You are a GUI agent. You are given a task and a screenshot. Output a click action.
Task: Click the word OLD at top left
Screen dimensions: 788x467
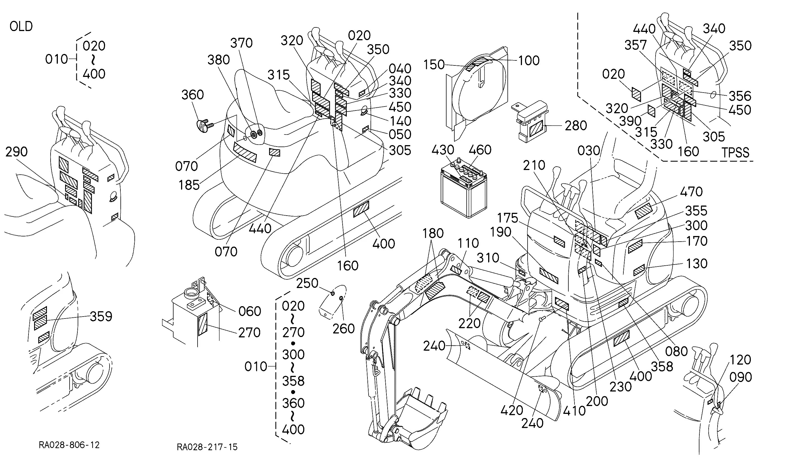pos(21,27)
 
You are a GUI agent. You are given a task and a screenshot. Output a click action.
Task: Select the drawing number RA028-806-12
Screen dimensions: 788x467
pos(69,445)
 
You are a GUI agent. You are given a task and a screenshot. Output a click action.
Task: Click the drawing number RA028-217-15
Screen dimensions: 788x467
pos(207,447)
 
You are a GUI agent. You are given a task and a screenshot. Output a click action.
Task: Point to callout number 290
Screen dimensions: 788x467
pos(16,152)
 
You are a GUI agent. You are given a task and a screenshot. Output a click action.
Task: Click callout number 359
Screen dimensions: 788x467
pos(101,316)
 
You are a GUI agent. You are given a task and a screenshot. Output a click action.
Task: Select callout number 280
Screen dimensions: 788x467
pos(576,126)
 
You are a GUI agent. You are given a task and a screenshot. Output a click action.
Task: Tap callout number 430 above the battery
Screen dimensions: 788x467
pos(443,150)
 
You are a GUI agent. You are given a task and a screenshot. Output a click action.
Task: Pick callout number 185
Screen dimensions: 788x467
pos(189,185)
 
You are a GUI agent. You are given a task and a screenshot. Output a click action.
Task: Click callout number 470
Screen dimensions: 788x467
pos(691,192)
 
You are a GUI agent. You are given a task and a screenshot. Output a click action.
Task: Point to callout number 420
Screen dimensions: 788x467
pos(512,410)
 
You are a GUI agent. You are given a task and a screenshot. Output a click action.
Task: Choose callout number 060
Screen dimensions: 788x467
pos(250,311)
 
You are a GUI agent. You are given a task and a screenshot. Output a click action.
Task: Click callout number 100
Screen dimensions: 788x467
pos(529,60)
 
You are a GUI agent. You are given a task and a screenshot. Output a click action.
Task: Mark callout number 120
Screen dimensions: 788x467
pos(740,360)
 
